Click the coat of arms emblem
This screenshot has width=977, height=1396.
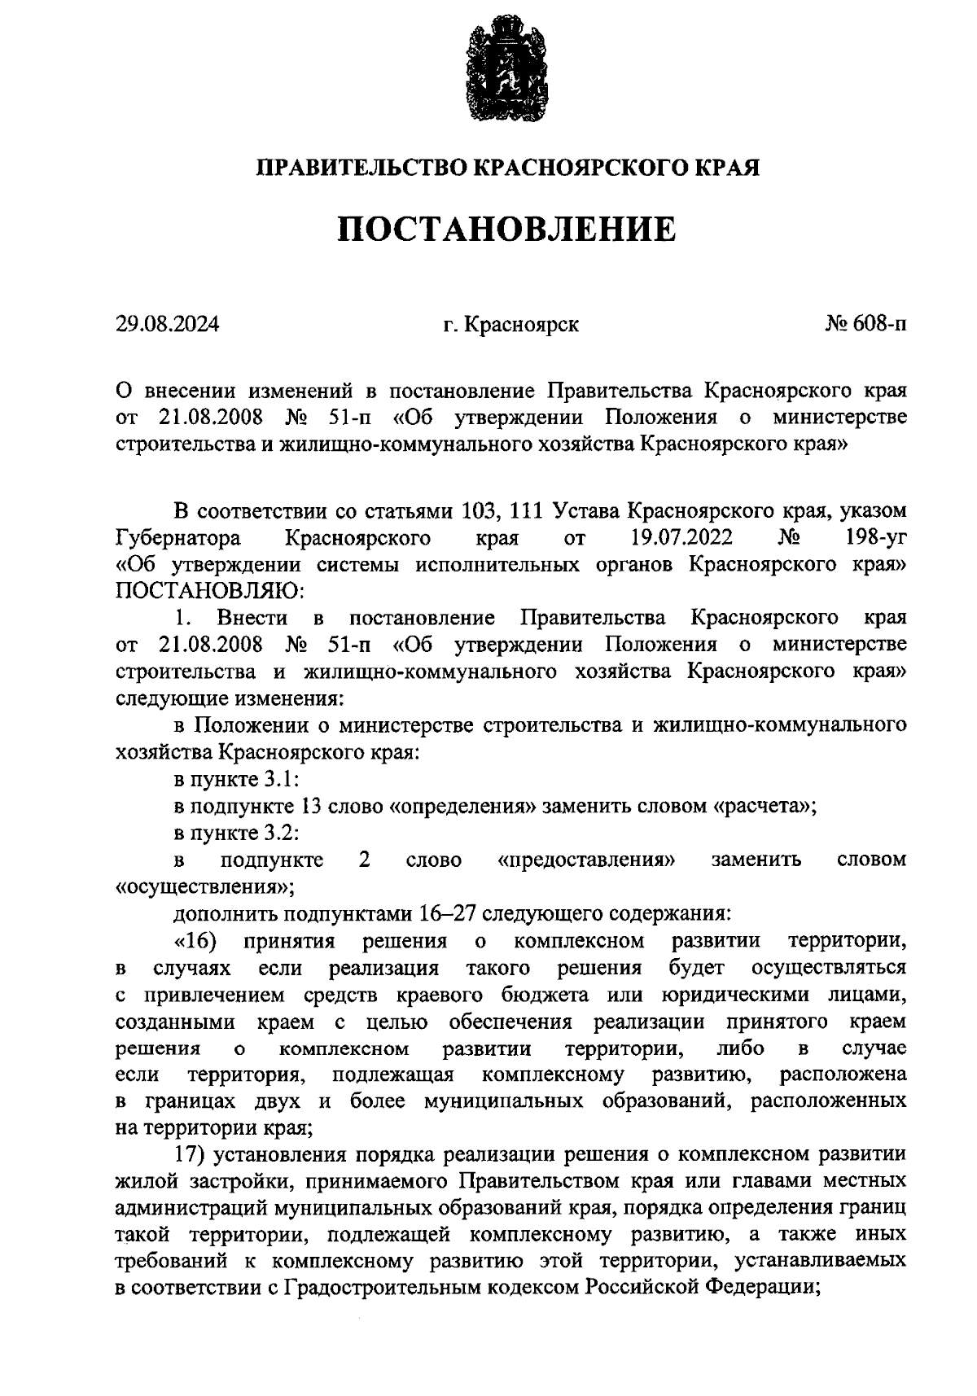click(x=506, y=73)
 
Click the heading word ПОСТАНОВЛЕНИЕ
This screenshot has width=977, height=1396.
click(x=506, y=229)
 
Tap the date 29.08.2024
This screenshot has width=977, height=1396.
click(x=167, y=325)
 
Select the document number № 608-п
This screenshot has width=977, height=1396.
click(x=865, y=325)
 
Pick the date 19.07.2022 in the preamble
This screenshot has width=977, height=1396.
click(x=681, y=538)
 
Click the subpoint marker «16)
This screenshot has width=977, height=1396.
click(x=195, y=942)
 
